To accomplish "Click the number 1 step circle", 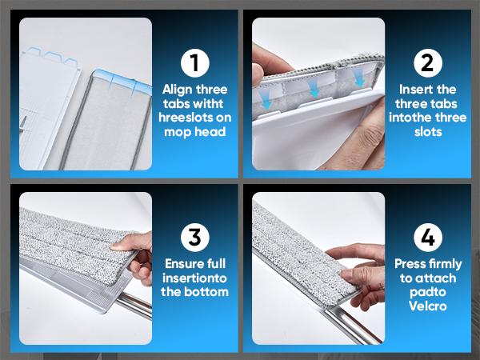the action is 195,62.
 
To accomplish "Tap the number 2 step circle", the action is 428,62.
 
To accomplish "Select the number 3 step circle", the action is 195,238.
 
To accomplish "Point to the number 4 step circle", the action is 428,238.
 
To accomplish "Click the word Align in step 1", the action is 178,90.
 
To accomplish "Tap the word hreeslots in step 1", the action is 185,118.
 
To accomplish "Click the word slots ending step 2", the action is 428,132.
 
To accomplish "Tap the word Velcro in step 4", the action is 428,306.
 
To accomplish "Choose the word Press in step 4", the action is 410,264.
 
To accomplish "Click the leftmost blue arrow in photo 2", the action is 266,100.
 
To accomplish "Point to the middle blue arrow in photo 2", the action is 314,90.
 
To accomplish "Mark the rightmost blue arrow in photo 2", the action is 360,77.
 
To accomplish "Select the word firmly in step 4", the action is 445,265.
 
